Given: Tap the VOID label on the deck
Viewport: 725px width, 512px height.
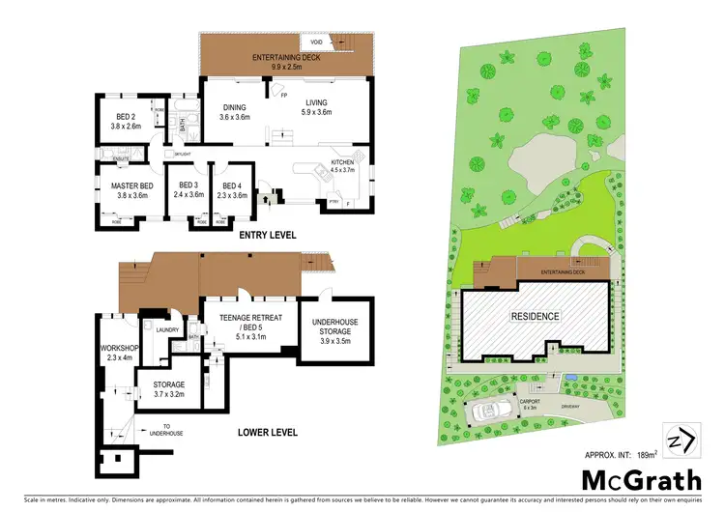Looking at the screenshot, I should [x=315, y=43].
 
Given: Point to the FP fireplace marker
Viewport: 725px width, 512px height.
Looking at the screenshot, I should [x=284, y=96].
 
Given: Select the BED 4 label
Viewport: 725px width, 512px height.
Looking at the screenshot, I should [x=235, y=190].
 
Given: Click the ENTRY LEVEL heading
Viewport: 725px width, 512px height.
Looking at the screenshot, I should [x=267, y=235].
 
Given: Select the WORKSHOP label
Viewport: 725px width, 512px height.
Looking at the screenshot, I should [x=114, y=353].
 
